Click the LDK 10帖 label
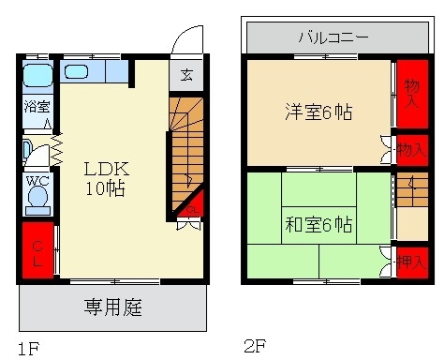pyautogui.click(x=106, y=177)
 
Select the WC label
pyautogui.click(x=37, y=181)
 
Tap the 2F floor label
pyautogui.click(x=255, y=346)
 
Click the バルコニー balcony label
pyautogui.click(x=333, y=38)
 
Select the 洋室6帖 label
pyautogui.click(x=318, y=112)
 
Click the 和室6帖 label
pyautogui.click(x=318, y=224)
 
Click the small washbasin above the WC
pyautogui.click(x=28, y=147)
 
